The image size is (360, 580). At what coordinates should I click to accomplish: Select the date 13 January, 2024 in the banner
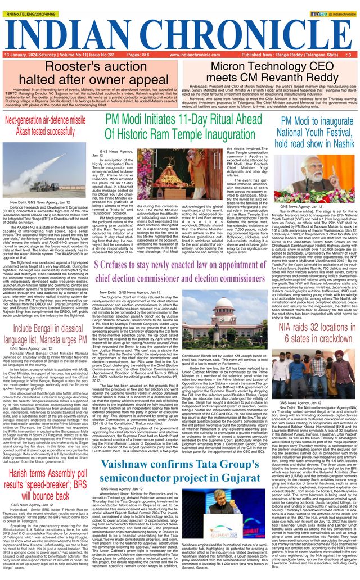click(21, 55)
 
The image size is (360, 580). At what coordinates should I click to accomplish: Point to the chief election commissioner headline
click(179, 271)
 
